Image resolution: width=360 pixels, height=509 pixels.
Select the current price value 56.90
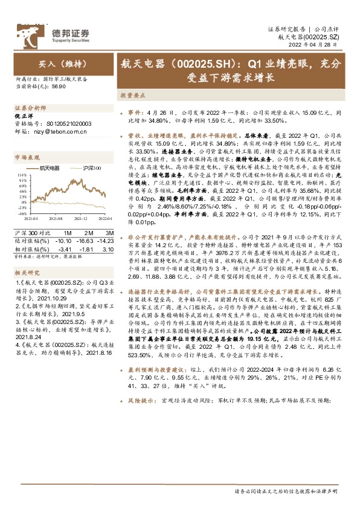click(x=59, y=86)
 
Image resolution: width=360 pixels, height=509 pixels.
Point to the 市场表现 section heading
click(x=26, y=156)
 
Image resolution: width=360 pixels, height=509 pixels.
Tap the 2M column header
click(x=88, y=216)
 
